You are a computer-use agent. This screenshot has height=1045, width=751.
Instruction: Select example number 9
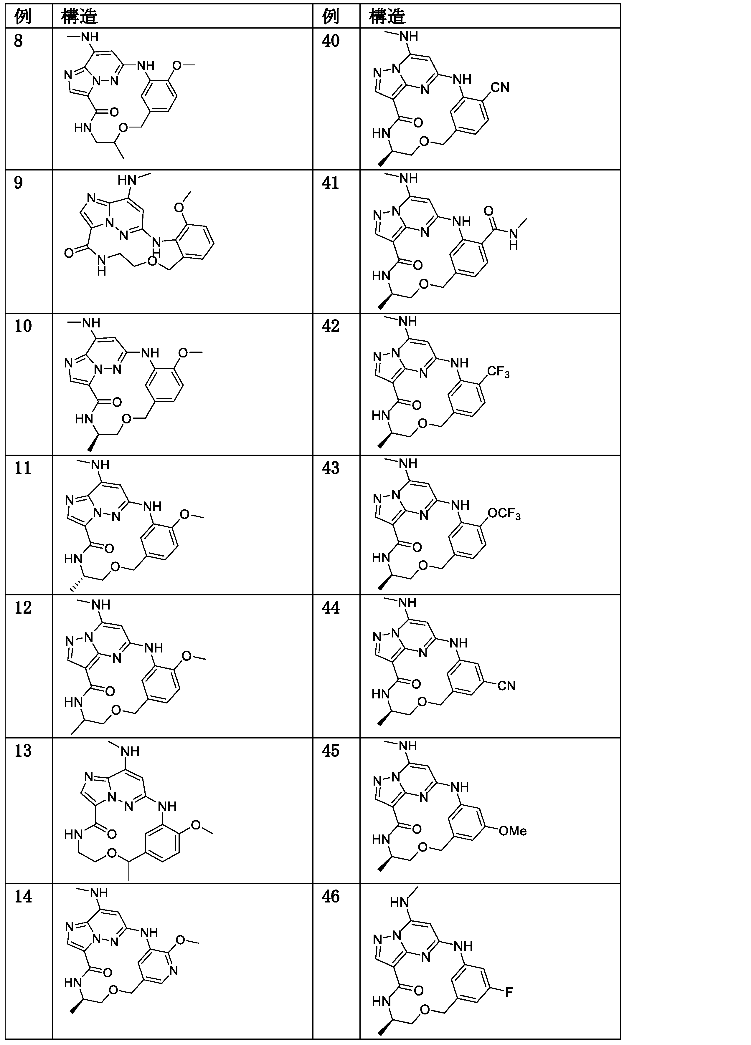click(19, 183)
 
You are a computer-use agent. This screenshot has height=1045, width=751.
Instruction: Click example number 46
click(331, 896)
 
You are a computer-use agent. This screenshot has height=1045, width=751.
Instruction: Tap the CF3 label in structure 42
click(499, 371)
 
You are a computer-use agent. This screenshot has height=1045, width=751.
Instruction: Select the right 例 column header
click(331, 16)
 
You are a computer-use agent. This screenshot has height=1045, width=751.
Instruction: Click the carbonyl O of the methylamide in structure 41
click(488, 211)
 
